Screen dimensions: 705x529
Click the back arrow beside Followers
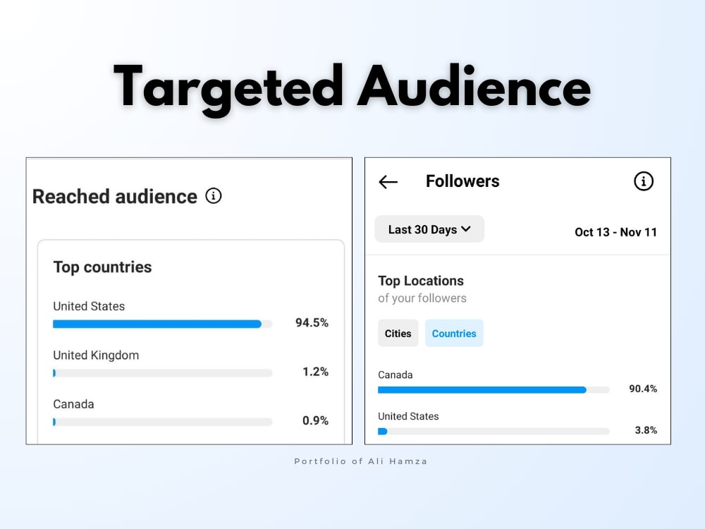coord(388,182)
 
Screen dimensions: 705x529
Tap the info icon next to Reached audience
coord(214,195)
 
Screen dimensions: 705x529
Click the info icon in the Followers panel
coord(644,181)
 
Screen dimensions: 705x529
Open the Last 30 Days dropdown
coord(429,229)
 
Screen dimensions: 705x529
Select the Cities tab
coord(398,334)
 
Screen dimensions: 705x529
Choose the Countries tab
coord(454,334)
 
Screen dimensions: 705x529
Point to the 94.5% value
coord(312,322)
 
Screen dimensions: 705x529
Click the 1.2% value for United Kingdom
coord(315,372)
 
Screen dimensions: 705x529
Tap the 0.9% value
coord(315,420)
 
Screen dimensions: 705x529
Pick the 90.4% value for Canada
coord(643,389)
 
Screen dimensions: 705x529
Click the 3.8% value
coord(646,430)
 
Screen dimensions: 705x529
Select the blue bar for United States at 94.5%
coord(157,324)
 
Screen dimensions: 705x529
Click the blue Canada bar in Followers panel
coord(482,390)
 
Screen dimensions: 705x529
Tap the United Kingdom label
coord(96,355)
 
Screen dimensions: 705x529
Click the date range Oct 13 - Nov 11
coord(615,232)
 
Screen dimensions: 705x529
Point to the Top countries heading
coord(102,267)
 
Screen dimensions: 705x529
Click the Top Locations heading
coord(421,281)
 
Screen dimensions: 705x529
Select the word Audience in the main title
coord(474,87)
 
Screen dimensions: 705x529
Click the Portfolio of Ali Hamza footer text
coord(360,461)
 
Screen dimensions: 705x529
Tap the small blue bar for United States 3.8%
coord(383,432)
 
